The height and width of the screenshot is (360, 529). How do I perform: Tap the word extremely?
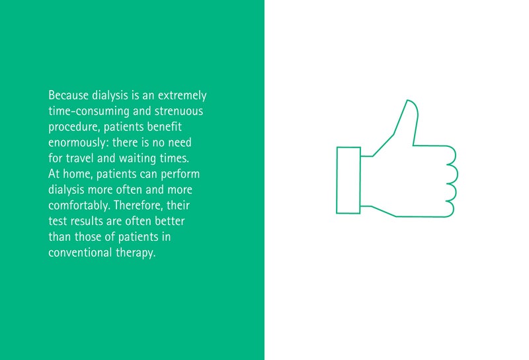coord(183,96)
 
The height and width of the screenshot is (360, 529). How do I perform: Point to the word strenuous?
coord(179,111)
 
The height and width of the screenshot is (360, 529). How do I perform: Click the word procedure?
coord(73,127)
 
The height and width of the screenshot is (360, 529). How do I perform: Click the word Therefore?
coord(139,206)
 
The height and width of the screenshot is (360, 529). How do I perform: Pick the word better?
coord(170,221)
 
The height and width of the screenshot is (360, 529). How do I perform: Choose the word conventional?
coord(80,253)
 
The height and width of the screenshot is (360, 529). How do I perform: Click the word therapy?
coord(136,253)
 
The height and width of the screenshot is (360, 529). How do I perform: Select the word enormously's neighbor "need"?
coord(180,142)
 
